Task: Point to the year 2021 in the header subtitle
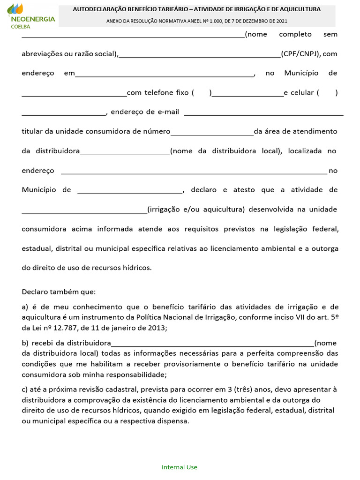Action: [x=281, y=21]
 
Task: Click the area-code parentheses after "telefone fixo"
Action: [x=202, y=93]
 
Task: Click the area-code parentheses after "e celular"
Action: [x=327, y=93]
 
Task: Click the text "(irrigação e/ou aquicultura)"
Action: [x=196, y=209]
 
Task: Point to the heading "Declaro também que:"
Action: [x=59, y=292]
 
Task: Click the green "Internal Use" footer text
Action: [x=180, y=467]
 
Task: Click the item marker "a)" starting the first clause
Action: [x=25, y=307]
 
